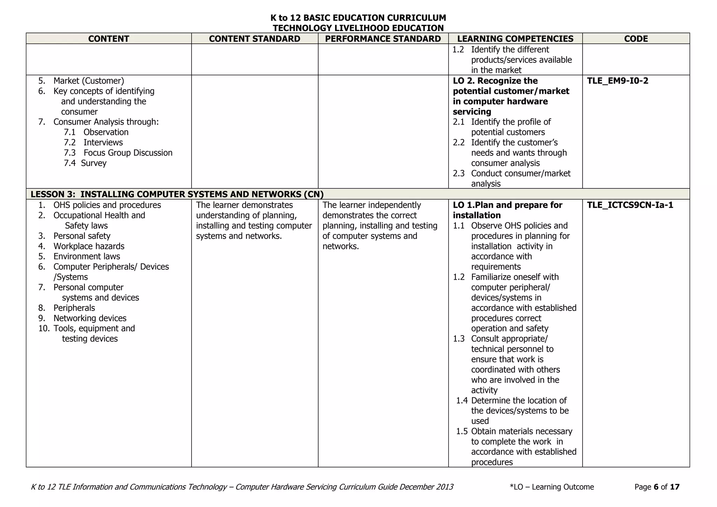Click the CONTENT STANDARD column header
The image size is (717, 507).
[x=255, y=39]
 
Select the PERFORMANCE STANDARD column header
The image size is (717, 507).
[x=383, y=39]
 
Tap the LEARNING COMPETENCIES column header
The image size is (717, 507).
[x=515, y=39]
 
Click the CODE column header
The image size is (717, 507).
[x=636, y=39]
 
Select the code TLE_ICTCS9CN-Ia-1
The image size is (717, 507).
[x=630, y=205]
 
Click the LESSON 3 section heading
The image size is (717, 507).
[x=177, y=194]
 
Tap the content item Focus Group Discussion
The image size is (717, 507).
[x=128, y=153]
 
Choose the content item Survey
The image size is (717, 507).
[x=93, y=163]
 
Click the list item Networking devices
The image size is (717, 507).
[x=90, y=318]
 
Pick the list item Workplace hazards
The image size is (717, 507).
[x=89, y=246]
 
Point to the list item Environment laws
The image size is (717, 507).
[x=86, y=257]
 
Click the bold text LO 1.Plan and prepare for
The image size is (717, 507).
[x=507, y=205]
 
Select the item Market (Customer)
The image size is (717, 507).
[x=89, y=81]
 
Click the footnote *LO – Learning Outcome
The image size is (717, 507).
[x=552, y=487]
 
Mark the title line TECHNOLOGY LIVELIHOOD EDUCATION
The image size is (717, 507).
[x=358, y=28]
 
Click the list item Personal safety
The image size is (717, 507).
[x=82, y=236]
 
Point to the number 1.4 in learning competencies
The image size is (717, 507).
[x=462, y=401]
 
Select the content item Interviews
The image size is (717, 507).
[x=103, y=143]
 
